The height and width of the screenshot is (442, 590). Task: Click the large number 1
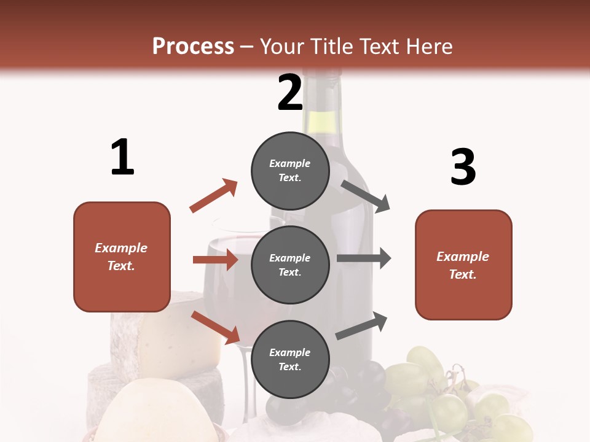coord(122,158)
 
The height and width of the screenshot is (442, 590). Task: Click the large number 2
coord(290,93)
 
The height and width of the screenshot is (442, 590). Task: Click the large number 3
coord(463,167)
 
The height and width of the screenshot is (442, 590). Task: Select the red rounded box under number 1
coord(122,257)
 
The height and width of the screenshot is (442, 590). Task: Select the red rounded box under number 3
coord(463,265)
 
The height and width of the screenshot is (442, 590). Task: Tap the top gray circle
coord(290,170)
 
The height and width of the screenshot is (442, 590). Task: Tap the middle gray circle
coord(290,265)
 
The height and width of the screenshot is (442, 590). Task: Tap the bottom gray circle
coord(290,359)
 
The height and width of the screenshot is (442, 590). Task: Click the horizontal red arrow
coord(215,260)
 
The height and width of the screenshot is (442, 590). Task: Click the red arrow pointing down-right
coord(216,327)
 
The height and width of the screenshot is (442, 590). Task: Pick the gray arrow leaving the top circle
coord(365,196)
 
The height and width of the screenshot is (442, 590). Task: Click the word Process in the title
coord(193,46)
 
